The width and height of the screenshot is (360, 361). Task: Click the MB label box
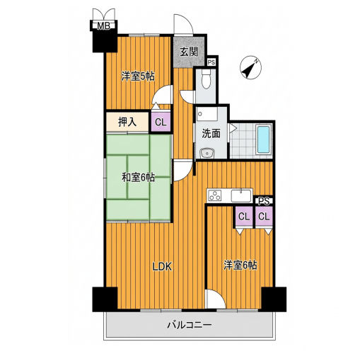[104, 25]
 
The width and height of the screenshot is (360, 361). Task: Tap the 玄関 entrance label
[189, 52]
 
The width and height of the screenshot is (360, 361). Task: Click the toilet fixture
[206, 79]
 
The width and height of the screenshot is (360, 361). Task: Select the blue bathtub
[264, 139]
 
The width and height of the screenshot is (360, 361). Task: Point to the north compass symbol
[250, 67]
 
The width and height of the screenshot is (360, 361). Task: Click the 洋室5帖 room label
[138, 76]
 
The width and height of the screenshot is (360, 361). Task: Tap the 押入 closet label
[127, 122]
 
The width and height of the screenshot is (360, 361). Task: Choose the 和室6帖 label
[138, 178]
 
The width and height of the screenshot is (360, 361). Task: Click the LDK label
[162, 267]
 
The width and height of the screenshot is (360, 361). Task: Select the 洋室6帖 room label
[240, 265]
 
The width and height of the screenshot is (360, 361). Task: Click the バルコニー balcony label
[190, 326]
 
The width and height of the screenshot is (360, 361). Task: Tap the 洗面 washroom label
[211, 134]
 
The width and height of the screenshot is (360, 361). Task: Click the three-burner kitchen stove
[215, 195]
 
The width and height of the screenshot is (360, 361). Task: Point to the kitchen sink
[240, 196]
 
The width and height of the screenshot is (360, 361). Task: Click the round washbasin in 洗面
[207, 154]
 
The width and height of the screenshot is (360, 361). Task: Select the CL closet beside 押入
[161, 122]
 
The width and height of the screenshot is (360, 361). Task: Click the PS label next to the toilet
[211, 62]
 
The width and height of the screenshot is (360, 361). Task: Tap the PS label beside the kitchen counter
[264, 201]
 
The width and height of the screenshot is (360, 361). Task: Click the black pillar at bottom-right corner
[274, 299]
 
